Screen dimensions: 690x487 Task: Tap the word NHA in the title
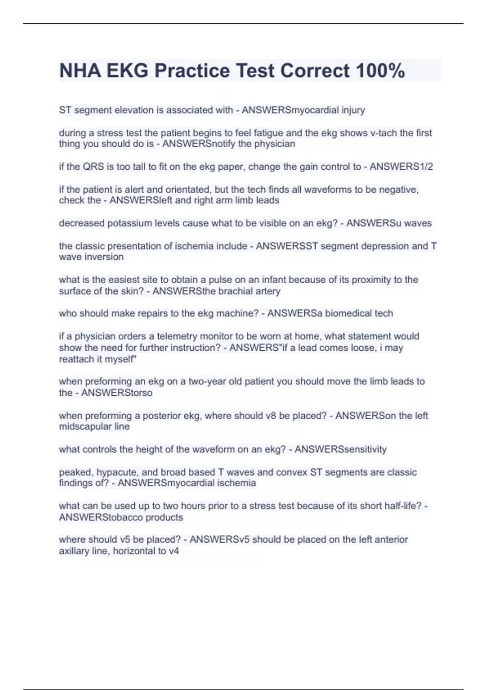click(x=80, y=71)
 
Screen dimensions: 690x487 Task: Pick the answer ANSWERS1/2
click(x=401, y=166)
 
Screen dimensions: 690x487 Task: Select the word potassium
click(x=130, y=223)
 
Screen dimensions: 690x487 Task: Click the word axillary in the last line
click(x=74, y=551)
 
